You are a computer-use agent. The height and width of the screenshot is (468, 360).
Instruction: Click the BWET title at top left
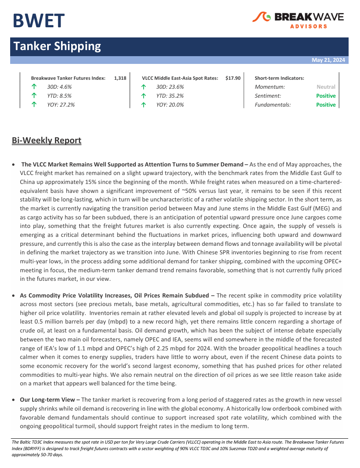click(x=38, y=21)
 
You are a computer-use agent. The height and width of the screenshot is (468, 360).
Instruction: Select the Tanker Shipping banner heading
click(x=57, y=46)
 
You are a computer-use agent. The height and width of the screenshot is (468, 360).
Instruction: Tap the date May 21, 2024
click(x=328, y=60)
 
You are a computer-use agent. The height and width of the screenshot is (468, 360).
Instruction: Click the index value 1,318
click(x=120, y=78)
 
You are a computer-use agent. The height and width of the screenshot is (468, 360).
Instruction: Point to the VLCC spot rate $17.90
click(x=233, y=78)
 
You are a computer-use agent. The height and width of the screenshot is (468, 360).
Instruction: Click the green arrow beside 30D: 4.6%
click(x=34, y=87)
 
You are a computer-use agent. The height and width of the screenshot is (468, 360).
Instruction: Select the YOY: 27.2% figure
click(x=61, y=105)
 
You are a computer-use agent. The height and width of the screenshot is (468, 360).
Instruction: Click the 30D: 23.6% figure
click(x=170, y=87)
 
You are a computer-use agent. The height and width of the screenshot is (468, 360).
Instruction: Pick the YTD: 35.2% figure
click(x=170, y=96)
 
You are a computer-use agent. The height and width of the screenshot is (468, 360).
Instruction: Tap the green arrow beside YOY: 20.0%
click(x=143, y=105)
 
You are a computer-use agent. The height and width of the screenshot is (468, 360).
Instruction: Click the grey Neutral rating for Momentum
click(x=326, y=87)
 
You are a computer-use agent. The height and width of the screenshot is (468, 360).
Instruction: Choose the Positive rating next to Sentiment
click(x=326, y=96)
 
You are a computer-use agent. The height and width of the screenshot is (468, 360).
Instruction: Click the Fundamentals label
click(x=273, y=105)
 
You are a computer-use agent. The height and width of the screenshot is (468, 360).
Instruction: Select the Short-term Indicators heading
click(x=279, y=78)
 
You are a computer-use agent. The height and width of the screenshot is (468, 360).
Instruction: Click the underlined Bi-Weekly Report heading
click(x=46, y=141)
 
